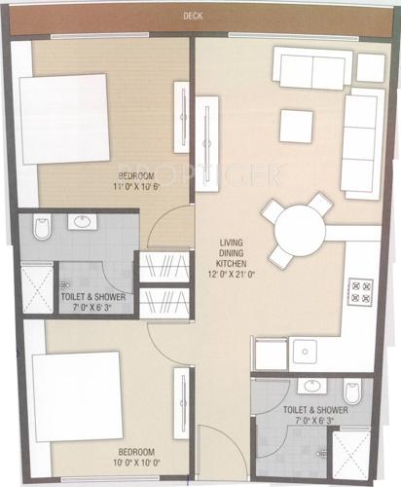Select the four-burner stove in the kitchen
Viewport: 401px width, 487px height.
pyautogui.click(x=360, y=289)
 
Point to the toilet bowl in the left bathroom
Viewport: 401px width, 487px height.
pyautogui.click(x=39, y=229)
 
